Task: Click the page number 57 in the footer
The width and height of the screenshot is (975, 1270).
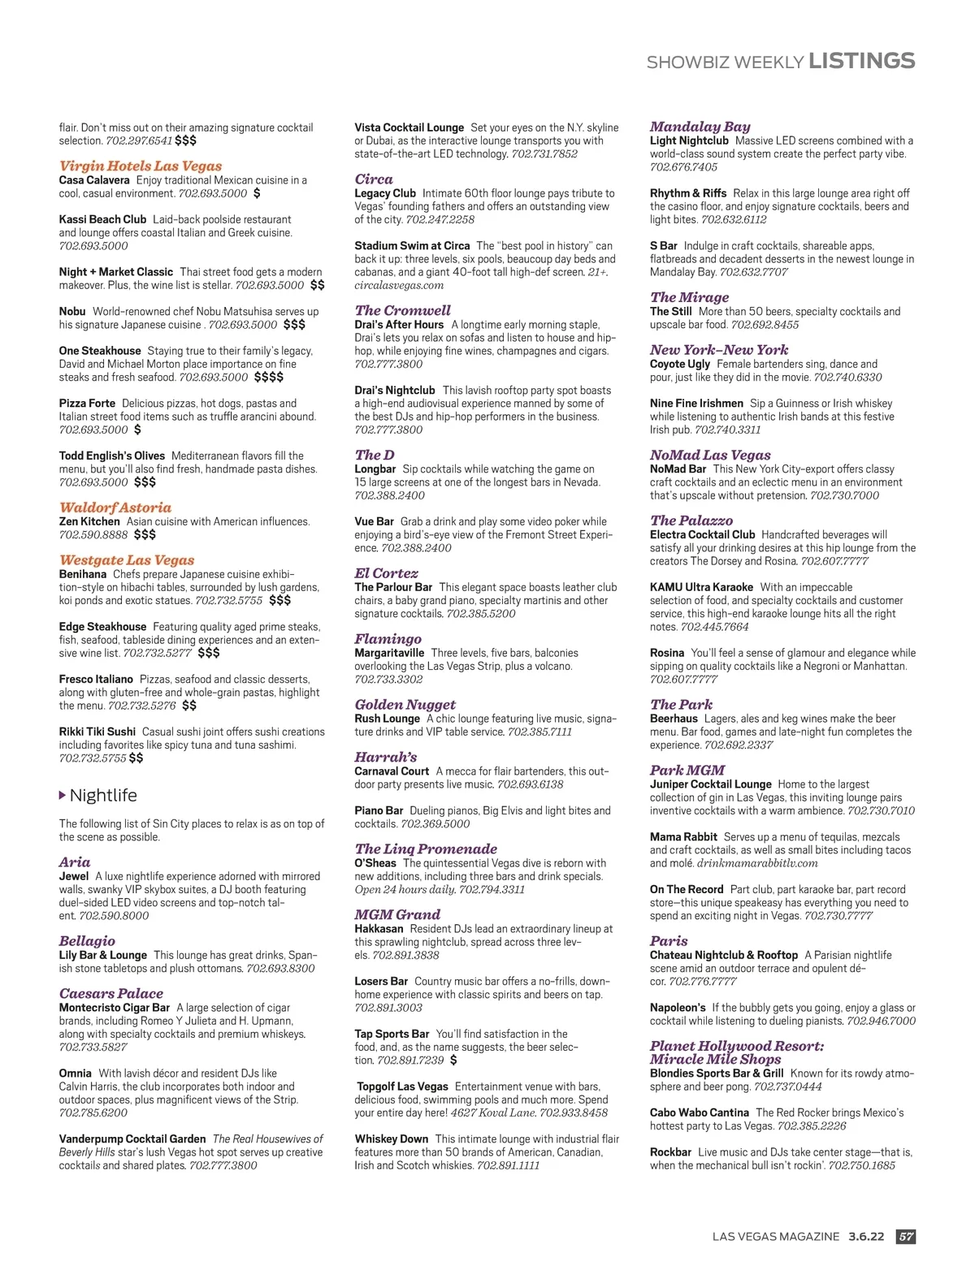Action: pyautogui.click(x=905, y=1237)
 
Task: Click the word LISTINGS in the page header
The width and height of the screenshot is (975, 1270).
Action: pyautogui.click(x=861, y=61)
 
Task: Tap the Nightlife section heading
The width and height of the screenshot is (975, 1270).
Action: pyautogui.click(x=103, y=796)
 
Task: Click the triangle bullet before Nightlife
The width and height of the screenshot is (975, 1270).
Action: pyautogui.click(x=63, y=795)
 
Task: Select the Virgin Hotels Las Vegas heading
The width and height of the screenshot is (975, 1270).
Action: pyautogui.click(x=141, y=166)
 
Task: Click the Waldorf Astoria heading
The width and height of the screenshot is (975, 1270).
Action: pyautogui.click(x=115, y=508)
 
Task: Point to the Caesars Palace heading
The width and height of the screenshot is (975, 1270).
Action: pyautogui.click(x=110, y=993)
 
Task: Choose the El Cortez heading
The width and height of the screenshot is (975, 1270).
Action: pyautogui.click(x=386, y=573)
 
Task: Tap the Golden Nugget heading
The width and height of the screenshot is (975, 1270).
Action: pyautogui.click(x=405, y=705)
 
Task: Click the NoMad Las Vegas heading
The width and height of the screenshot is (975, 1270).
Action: pyautogui.click(x=709, y=456)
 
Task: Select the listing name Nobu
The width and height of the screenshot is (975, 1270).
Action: pyautogui.click(x=72, y=312)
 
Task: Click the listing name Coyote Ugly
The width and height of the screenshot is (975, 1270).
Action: pyautogui.click(x=679, y=364)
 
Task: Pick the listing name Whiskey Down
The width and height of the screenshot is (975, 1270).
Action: pyautogui.click(x=391, y=1139)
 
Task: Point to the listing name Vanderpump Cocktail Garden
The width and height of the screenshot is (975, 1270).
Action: pyautogui.click(x=132, y=1139)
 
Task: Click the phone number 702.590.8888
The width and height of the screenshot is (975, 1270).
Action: pyautogui.click(x=93, y=535)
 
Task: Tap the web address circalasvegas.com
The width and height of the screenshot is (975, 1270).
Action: pyautogui.click(x=399, y=285)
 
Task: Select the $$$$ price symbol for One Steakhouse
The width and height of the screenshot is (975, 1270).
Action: pyautogui.click(x=268, y=378)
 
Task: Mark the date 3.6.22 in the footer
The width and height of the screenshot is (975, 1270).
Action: pyautogui.click(x=866, y=1237)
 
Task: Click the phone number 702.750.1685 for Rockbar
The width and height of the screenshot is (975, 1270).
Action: pyautogui.click(x=861, y=1165)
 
